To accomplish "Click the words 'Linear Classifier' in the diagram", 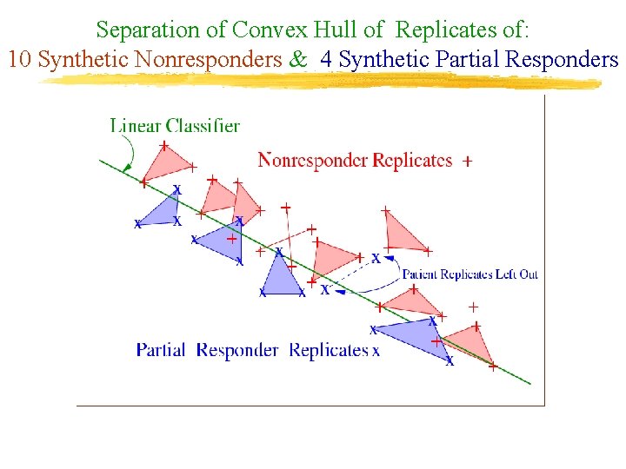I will (175, 126).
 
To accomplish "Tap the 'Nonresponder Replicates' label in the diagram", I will (355, 160).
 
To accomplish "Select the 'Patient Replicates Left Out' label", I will (469, 274).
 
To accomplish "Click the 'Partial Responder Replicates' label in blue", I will (252, 350).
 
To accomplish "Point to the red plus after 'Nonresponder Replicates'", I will (468, 162).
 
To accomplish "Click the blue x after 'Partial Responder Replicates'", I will (376, 352).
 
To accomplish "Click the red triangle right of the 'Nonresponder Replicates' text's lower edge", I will (403, 230).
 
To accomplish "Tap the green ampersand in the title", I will (298, 60).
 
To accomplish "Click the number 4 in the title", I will (326, 60).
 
